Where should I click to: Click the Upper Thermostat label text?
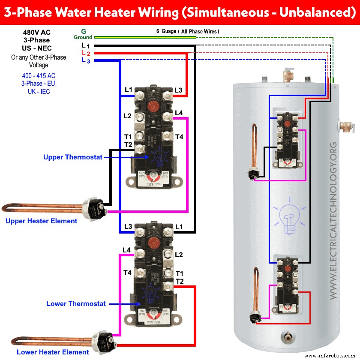[x=73, y=157]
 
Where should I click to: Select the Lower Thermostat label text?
[x=76, y=304]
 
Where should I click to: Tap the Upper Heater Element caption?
[x=41, y=221]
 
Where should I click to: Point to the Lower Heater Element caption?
[x=47, y=352]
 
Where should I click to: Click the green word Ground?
[x=83, y=37]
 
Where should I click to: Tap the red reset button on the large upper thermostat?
[x=152, y=96]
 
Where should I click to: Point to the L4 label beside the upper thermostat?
[x=179, y=113]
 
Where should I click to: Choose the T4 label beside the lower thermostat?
[x=127, y=273]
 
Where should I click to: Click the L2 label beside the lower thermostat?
[x=179, y=255]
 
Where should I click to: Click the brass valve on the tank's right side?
[x=347, y=126]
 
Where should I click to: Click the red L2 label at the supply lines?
[x=85, y=54]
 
